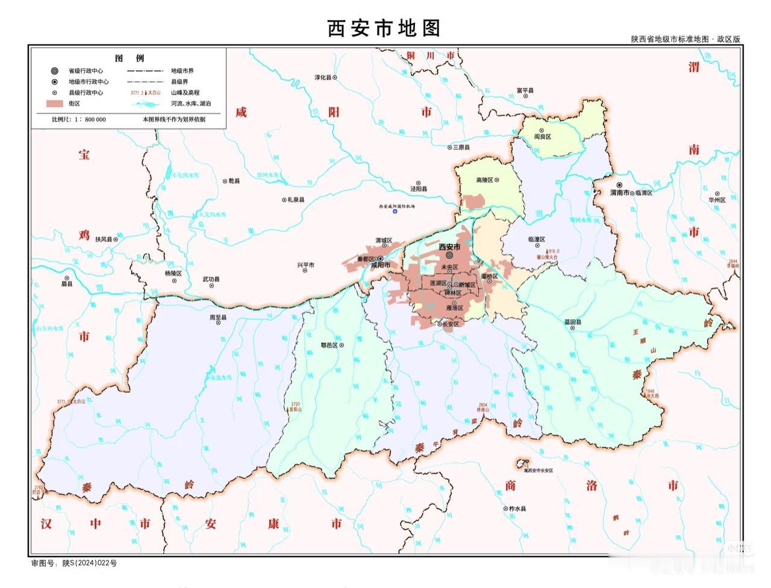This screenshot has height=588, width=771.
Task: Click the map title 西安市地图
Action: tap(384, 28)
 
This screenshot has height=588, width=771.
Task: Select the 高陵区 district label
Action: tap(485, 180)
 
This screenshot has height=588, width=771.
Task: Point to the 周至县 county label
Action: tap(217, 317)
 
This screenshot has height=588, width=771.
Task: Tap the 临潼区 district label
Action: tap(536, 239)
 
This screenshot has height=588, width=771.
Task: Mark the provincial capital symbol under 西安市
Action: tap(449, 255)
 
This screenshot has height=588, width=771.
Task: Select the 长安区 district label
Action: tap(451, 324)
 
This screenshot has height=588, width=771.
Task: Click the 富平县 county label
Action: tap(525, 91)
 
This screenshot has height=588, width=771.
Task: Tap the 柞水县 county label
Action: tap(517, 509)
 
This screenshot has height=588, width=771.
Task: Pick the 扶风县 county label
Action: tap(104, 239)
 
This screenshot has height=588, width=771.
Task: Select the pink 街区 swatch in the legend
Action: tap(55, 104)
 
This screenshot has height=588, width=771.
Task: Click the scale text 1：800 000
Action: tap(90, 119)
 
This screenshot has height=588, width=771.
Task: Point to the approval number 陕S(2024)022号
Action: tap(90, 563)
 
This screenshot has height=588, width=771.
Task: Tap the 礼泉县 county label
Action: tap(296, 200)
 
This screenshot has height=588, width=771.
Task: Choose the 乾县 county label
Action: tap(233, 181)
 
